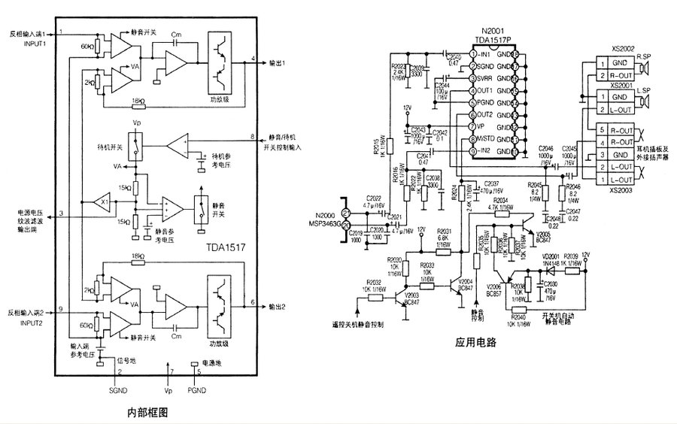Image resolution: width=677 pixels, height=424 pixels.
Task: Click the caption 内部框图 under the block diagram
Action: (147, 413)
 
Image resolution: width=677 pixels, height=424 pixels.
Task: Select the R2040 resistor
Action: (518, 309)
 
